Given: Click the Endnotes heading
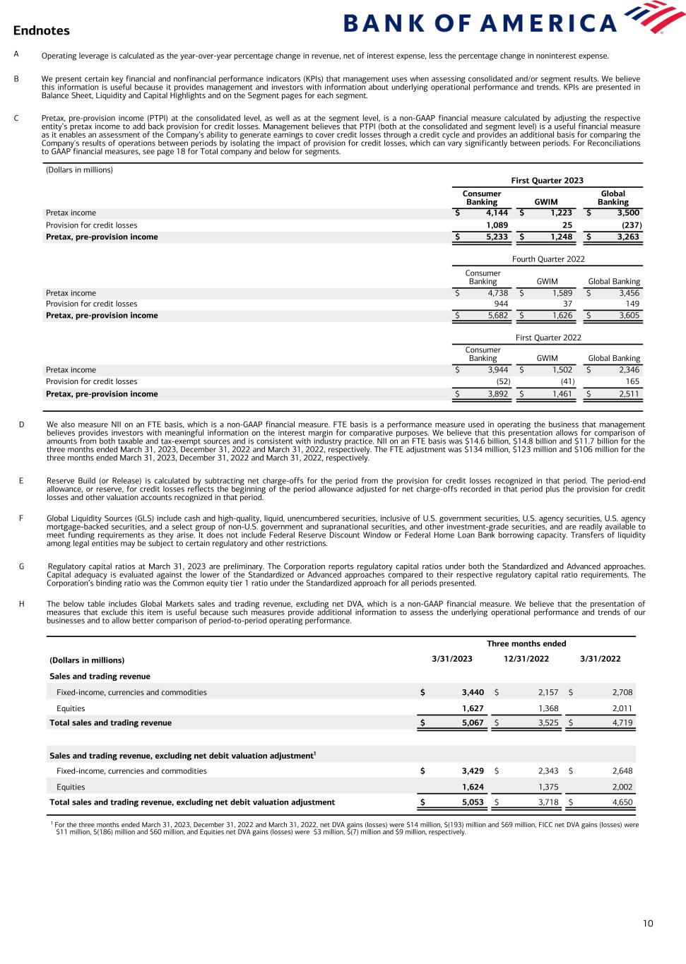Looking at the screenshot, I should click(x=41, y=30).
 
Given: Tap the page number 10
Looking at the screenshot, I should click(x=648, y=924).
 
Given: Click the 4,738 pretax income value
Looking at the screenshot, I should click(x=493, y=293).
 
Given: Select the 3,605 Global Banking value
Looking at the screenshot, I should click(x=628, y=316).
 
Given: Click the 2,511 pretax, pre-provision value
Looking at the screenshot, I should click(x=628, y=394).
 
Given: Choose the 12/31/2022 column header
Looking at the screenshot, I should click(x=526, y=659).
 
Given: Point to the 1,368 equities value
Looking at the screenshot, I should click(x=538, y=708).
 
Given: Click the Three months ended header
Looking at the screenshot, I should click(x=526, y=643).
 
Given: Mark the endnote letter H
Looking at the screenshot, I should click(x=21, y=604).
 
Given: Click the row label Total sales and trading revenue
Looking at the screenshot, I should click(x=110, y=722).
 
